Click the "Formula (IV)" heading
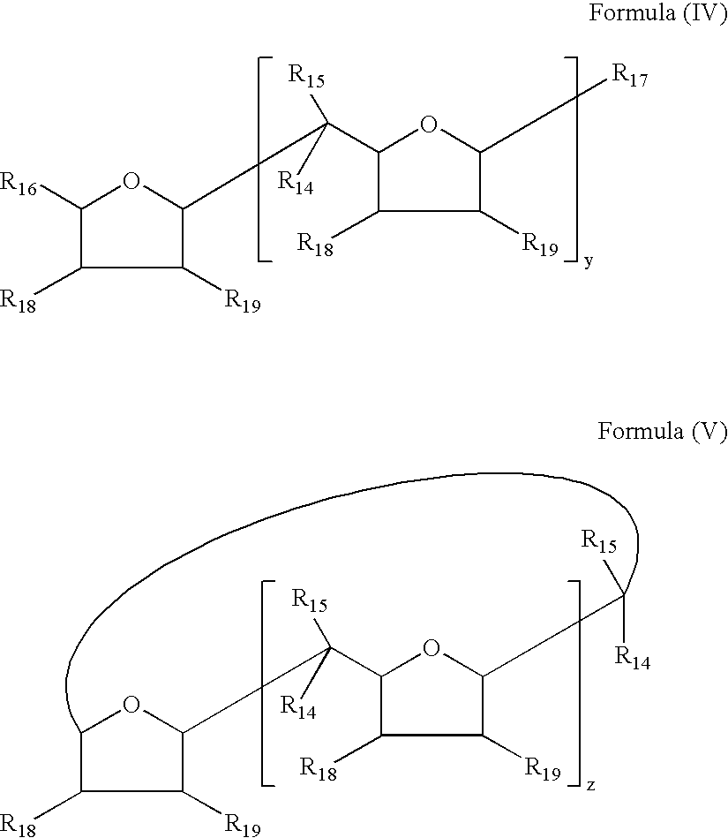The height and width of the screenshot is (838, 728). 657,12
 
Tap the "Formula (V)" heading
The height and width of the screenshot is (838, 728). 662,431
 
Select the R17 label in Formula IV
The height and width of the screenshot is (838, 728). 630,75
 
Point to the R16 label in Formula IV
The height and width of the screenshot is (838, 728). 19,184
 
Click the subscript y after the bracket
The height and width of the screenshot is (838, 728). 589,261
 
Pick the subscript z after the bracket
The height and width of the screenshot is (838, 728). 590,785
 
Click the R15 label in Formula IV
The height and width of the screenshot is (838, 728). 306,76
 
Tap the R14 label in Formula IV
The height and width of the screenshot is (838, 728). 296,183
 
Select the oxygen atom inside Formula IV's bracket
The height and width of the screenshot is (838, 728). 429,125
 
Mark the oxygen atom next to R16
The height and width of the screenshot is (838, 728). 131,181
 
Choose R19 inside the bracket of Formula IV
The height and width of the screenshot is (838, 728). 540,245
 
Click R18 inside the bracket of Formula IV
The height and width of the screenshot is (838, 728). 315,245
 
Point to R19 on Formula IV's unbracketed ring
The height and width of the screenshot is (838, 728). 243,301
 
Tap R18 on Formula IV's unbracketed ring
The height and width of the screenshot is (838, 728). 19,301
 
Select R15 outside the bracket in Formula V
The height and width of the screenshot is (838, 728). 599,541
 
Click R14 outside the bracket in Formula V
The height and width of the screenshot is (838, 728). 633,658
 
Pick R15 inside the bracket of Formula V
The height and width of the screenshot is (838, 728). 309,600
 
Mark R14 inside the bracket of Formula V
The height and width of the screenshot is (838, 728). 298,707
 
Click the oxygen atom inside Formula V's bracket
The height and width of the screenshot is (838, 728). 432,649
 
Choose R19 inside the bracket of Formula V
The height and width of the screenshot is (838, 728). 543,769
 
